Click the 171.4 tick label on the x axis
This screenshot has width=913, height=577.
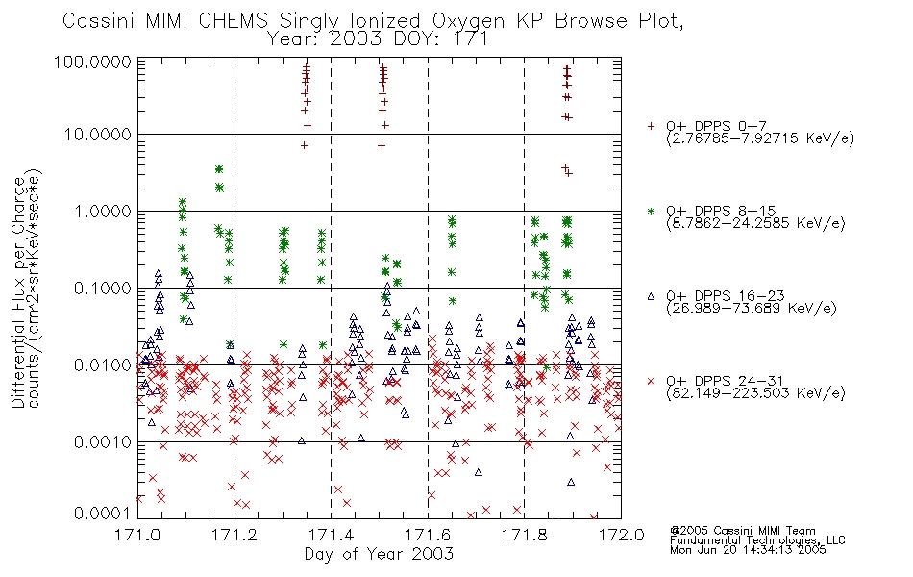(331, 535)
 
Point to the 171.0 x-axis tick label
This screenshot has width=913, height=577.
(137, 535)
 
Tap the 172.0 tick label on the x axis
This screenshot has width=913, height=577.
(621, 535)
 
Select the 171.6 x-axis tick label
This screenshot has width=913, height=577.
(428, 535)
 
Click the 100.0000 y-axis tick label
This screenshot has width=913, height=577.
(93, 62)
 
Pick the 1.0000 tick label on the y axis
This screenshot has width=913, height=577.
(103, 211)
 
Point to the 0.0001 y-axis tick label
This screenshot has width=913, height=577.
(103, 513)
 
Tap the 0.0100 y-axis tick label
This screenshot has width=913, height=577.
(103, 365)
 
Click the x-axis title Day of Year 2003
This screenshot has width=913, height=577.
(379, 554)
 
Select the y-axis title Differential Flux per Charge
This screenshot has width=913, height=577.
(18, 292)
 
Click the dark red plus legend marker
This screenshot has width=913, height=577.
(651, 126)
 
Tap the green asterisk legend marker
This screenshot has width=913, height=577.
(651, 211)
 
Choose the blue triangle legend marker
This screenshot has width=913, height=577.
(651, 296)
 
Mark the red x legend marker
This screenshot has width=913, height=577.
(651, 381)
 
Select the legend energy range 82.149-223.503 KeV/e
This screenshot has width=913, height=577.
(755, 393)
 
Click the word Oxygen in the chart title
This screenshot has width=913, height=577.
(469, 21)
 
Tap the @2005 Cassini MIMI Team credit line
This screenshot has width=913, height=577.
(743, 531)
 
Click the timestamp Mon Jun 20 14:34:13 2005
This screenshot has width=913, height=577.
(748, 550)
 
